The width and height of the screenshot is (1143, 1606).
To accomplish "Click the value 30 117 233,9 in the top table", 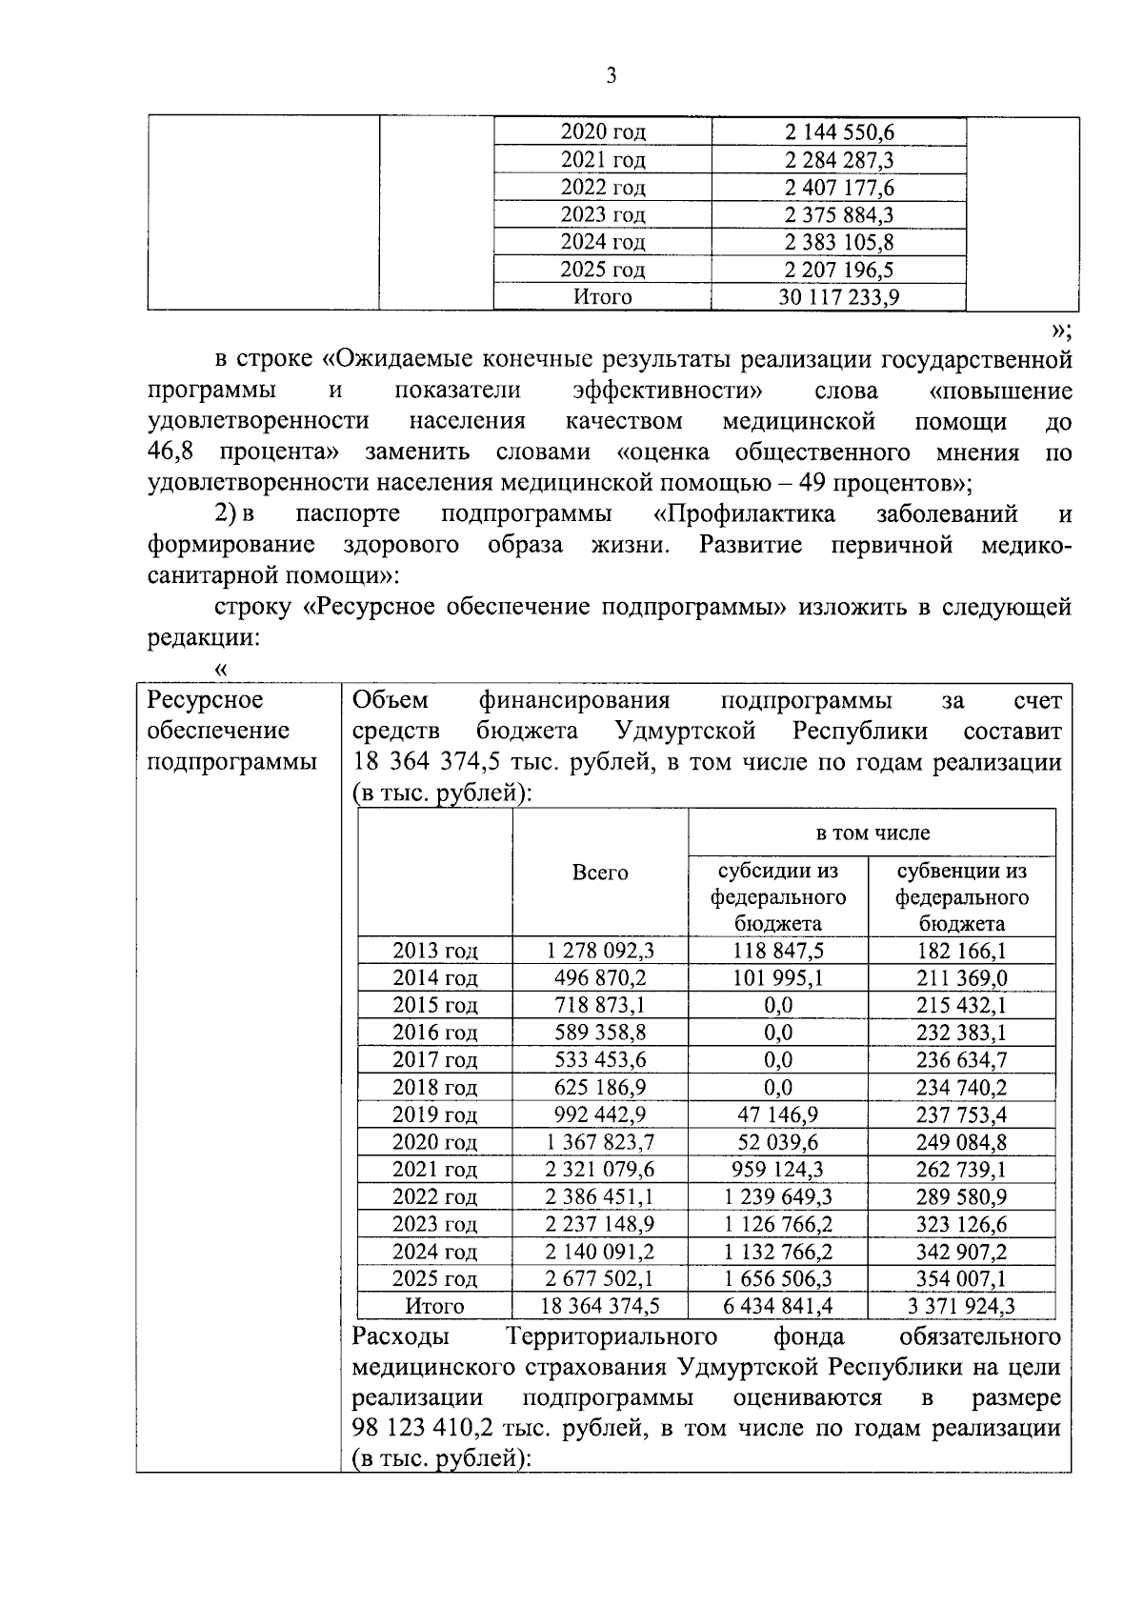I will pyautogui.click(x=838, y=297).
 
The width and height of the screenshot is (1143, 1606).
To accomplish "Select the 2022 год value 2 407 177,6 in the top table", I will pyautogui.click(x=838, y=188).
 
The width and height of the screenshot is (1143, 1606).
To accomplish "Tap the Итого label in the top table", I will pyautogui.click(x=602, y=297).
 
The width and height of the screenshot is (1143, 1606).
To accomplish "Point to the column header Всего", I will pyautogui.click(x=600, y=873).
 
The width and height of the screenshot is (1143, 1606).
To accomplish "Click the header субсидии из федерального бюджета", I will pyautogui.click(x=778, y=896).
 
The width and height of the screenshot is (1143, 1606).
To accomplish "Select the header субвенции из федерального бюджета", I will pyautogui.click(x=962, y=896).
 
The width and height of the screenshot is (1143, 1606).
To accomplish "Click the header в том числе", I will pyautogui.click(x=872, y=833).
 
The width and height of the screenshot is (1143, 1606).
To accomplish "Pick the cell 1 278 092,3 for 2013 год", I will pyautogui.click(x=600, y=951).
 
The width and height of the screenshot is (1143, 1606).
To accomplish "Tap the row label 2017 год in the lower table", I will pyautogui.click(x=435, y=1060).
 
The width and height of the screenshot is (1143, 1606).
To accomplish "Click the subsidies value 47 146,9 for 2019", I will pyautogui.click(x=778, y=1114).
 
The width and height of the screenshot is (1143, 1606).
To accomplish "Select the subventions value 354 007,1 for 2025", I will pyautogui.click(x=962, y=1278).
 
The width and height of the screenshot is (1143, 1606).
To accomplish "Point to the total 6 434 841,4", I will pyautogui.click(x=778, y=1306).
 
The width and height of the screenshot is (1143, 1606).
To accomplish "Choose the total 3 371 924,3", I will pyautogui.click(x=962, y=1306).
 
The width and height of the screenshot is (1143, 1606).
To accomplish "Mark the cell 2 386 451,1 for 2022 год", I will pyautogui.click(x=600, y=1196).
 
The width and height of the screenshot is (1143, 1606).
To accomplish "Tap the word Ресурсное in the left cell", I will pyautogui.click(x=205, y=700).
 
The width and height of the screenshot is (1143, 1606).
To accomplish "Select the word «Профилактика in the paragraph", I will pyautogui.click(x=744, y=514).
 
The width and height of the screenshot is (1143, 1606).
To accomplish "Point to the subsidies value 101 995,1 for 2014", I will pyautogui.click(x=778, y=978).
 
